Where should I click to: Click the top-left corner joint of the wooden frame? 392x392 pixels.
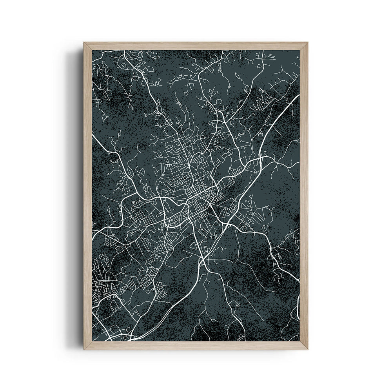(x=85, y=44)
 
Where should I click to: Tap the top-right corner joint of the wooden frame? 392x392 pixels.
(x=306, y=44)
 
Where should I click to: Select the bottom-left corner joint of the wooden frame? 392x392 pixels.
(x=85, y=348)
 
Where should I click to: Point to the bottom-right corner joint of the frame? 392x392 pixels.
(x=306, y=348)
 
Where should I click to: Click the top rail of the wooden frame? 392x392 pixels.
(x=196, y=45)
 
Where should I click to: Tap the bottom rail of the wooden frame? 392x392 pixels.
(x=196, y=345)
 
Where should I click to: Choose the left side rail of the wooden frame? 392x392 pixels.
(x=87, y=196)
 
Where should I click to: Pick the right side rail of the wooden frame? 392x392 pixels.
(x=304, y=196)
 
